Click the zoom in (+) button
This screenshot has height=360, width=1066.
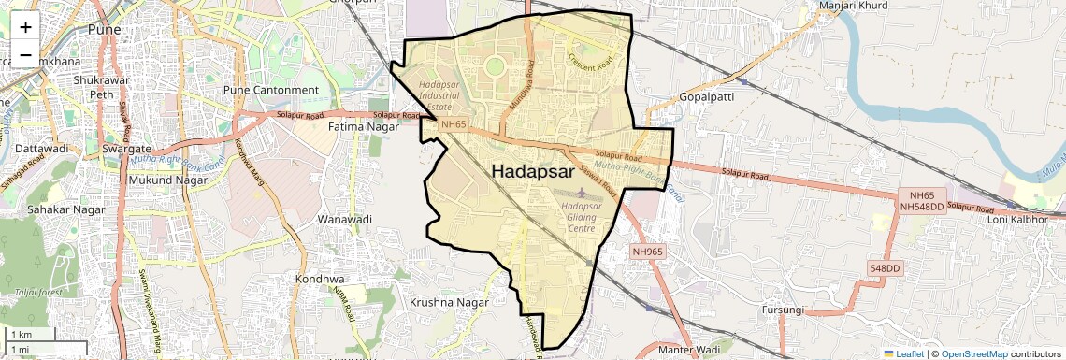point(25,26)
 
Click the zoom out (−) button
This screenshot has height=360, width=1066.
point(25,54)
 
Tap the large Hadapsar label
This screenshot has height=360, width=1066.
point(533,171)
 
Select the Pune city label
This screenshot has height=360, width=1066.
point(104,30)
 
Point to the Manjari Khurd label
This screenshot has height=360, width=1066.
point(852,6)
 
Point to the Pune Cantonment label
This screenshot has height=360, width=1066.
point(271,90)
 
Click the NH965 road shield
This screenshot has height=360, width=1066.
point(647,252)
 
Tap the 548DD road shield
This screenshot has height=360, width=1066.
point(884,268)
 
